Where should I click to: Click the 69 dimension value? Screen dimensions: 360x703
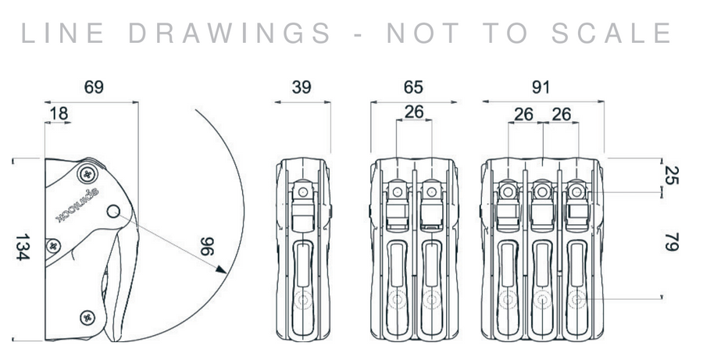(94, 87)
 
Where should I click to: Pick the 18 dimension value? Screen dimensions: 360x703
(58, 114)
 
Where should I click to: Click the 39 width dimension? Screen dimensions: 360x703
(302, 87)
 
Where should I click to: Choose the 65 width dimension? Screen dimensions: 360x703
(414, 87)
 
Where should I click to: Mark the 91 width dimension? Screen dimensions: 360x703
(544, 87)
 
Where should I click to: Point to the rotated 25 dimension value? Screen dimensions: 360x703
(669, 175)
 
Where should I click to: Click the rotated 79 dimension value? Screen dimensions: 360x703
(669, 240)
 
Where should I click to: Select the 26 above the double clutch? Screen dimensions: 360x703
(414, 112)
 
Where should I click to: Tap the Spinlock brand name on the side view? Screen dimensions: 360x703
(78, 201)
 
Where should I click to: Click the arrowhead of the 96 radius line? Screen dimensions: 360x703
(221, 270)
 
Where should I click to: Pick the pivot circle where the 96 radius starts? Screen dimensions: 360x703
(113, 210)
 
